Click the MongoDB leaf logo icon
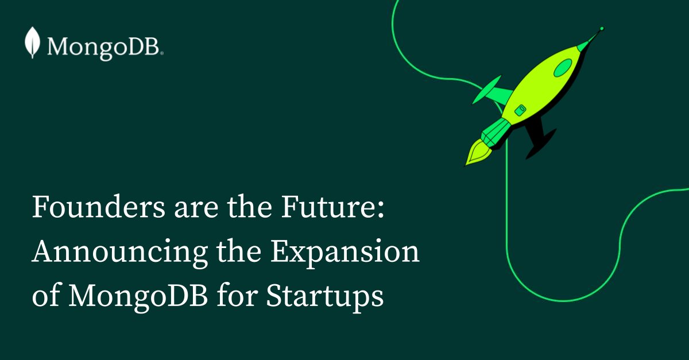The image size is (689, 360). click(x=33, y=42)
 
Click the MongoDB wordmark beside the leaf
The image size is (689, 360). click(x=103, y=45)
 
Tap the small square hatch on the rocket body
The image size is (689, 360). click(x=521, y=109)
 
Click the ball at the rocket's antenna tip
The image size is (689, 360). click(x=601, y=28)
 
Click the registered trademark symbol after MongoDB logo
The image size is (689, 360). click(x=162, y=53)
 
